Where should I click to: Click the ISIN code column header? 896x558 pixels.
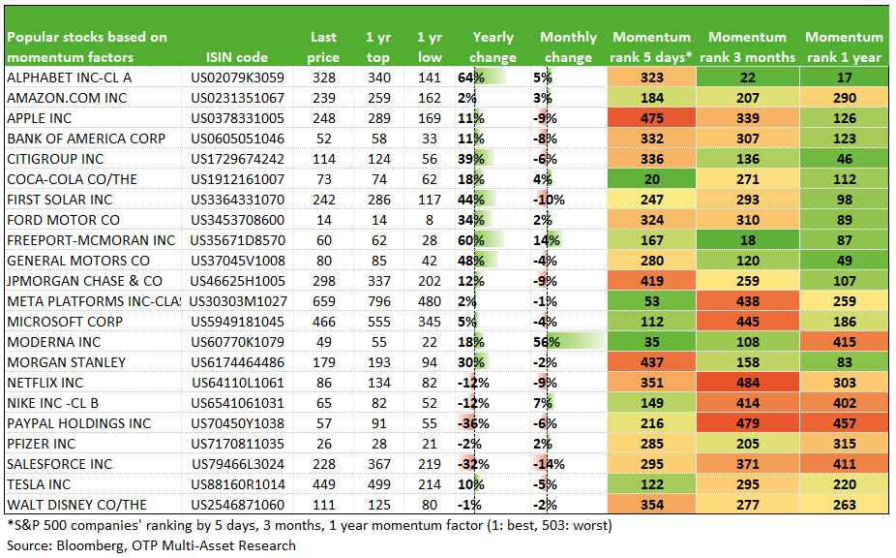(x=236, y=57)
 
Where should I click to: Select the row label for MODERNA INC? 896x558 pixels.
(x=54, y=342)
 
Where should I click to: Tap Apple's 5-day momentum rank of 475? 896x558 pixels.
(x=651, y=118)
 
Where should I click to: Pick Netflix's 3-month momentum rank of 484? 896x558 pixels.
(x=747, y=383)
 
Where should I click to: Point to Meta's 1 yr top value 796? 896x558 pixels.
(x=379, y=301)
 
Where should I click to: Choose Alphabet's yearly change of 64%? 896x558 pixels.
(x=471, y=77)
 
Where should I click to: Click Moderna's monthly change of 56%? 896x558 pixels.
(x=547, y=342)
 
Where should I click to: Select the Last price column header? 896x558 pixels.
(x=323, y=47)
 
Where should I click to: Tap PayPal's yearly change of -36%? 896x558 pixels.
(x=473, y=423)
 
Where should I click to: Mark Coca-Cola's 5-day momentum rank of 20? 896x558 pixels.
(x=651, y=180)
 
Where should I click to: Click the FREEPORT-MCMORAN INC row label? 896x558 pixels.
(x=91, y=240)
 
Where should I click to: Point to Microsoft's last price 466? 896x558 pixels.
(x=324, y=322)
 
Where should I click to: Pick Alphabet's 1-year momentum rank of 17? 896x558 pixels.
(x=844, y=77)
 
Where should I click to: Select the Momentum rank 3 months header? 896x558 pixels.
(x=747, y=47)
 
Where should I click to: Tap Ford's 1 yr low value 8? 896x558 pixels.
(x=430, y=220)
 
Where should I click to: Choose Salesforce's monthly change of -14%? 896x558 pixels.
(x=549, y=464)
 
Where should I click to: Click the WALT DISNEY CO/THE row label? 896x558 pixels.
(x=76, y=505)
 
